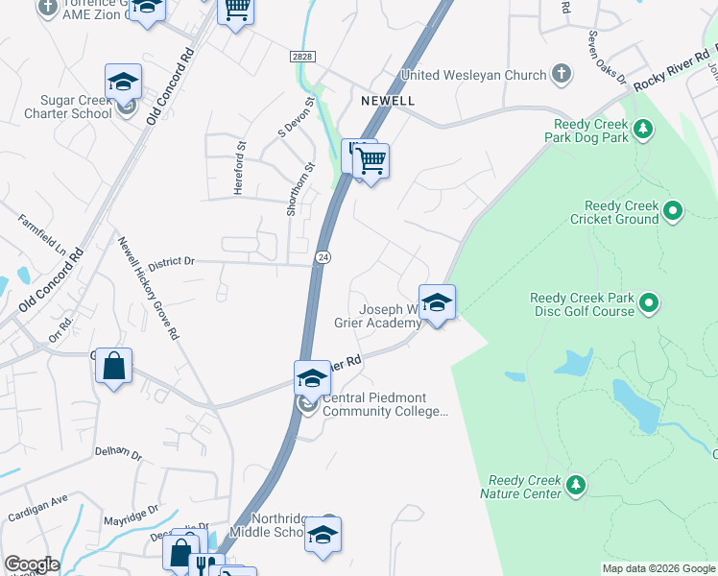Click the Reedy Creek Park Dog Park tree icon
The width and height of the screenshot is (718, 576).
643,128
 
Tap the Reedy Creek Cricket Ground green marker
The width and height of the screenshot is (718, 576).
673,209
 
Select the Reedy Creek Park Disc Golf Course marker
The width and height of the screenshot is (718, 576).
649,304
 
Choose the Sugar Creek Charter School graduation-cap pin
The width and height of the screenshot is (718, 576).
123,83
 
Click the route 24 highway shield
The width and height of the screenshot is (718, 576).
323,257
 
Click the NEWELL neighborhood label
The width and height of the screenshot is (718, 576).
388,101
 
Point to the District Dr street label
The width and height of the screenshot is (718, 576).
171,260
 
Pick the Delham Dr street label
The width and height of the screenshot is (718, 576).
117,451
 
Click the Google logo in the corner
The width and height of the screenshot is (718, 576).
32,564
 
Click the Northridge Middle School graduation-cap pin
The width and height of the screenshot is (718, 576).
323,535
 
